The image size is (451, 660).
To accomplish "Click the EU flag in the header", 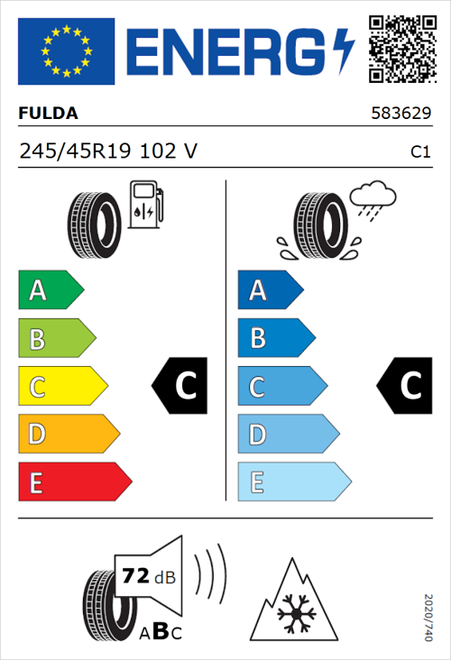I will tap(66, 51).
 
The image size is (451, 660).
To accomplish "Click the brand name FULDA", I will tap(49, 114).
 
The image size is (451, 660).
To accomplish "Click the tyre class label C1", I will tap(419, 152).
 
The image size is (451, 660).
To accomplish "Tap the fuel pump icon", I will tap(145, 205).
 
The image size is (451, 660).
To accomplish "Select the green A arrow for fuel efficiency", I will tap(50, 290).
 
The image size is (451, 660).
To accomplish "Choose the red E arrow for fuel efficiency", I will tap(74, 482).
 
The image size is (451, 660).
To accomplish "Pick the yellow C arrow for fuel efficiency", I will tap(61, 387).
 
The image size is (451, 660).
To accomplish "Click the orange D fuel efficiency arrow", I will tap(68, 435).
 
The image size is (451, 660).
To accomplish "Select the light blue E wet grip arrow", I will tap(293, 482).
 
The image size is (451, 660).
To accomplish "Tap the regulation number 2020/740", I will tap(428, 618).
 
